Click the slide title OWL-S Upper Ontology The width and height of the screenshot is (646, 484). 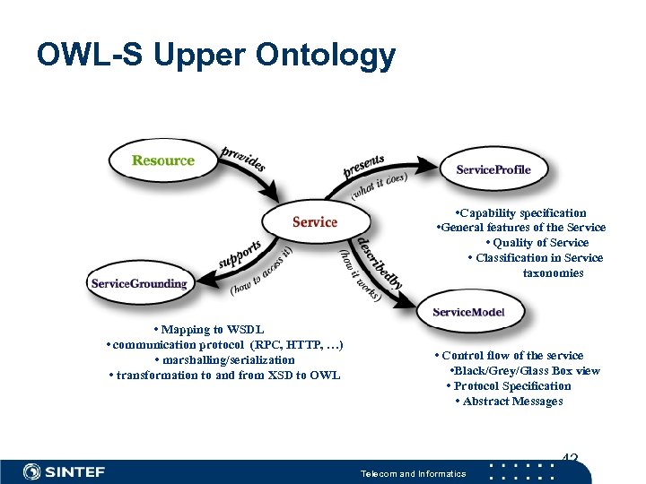tap(215, 56)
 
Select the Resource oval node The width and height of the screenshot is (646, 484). tap(162, 160)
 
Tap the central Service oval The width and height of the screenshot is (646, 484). tap(314, 221)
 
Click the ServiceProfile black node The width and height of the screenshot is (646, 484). tap(493, 169)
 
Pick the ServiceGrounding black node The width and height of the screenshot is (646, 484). tap(139, 283)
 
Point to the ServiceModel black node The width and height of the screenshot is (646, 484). tap(468, 312)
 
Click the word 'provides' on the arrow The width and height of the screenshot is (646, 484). tap(242, 159)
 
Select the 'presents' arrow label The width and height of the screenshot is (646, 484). tap(363, 165)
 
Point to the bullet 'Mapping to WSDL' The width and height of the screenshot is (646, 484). tap(208, 330)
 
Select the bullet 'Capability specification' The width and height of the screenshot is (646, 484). tap(519, 212)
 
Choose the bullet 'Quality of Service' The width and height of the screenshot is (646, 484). tap(536, 243)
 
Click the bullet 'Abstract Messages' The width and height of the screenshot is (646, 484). tap(509, 402)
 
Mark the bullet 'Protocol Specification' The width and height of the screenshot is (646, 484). tap(509, 386)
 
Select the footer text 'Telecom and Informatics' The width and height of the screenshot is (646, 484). tap(413, 473)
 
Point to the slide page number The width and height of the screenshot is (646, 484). tap(569, 460)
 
